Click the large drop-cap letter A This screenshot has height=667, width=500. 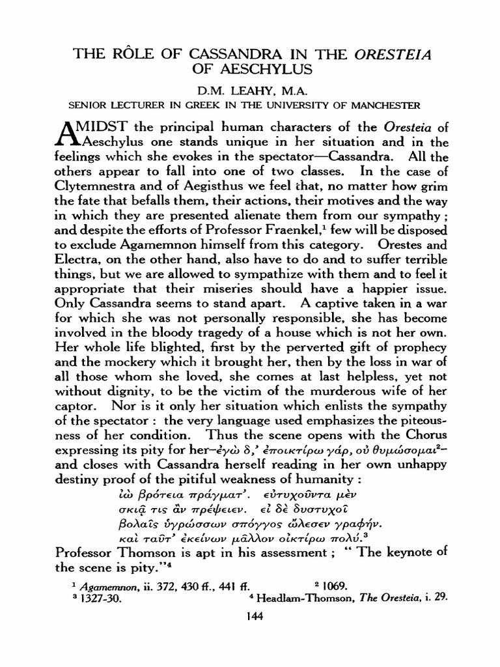point(66,130)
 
